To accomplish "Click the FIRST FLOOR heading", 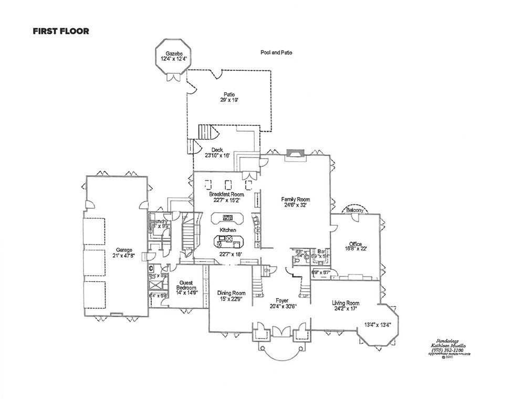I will (61, 31).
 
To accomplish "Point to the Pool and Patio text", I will (276, 52).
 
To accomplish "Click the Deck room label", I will (217, 150).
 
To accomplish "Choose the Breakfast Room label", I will (227, 194).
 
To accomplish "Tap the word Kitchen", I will (228, 230).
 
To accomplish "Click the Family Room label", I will (295, 199).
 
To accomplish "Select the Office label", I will (356, 244).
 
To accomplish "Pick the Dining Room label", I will (231, 293).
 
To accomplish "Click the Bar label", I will (321, 252).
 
